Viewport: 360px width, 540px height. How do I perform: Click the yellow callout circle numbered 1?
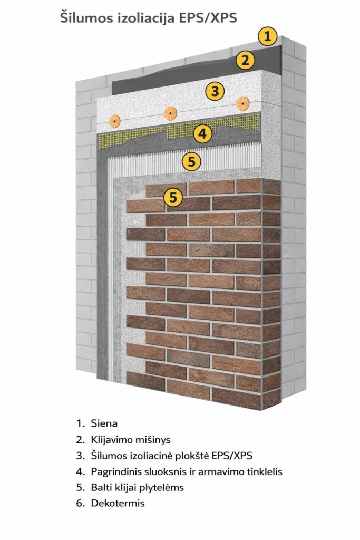267,36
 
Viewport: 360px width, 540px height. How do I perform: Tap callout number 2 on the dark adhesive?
245,60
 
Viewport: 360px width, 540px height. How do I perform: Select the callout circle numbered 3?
215,91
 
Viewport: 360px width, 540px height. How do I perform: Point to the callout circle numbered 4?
202,133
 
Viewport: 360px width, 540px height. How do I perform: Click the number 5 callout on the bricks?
173,197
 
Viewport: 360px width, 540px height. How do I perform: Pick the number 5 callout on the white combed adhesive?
192,161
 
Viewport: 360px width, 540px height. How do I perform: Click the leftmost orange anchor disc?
114,121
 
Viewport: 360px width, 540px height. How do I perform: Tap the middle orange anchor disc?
170,113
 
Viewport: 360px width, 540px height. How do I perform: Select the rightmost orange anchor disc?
243,104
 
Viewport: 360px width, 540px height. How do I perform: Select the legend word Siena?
104,423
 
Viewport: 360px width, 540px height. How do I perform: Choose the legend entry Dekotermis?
118,503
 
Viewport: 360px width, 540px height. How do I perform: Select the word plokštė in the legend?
192,456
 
